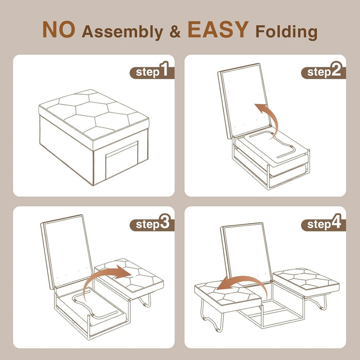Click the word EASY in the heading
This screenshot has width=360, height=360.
pos(219,30)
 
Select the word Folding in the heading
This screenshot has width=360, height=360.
pos(286,32)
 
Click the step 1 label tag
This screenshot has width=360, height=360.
pos(152,71)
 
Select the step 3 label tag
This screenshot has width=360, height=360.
pos(152,224)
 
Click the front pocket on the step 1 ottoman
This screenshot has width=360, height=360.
pos(121,160)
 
